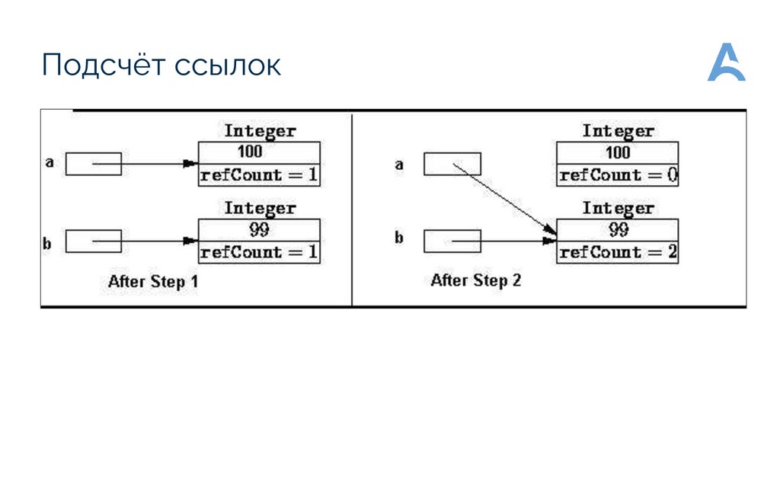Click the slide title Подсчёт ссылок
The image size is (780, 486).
point(161,66)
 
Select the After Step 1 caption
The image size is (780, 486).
point(153,281)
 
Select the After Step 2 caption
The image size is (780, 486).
point(475,280)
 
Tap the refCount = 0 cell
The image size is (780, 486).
point(618,175)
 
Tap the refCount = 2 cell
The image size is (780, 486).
point(618,252)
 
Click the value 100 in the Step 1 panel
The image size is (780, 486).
point(260,151)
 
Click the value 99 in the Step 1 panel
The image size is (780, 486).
point(260,228)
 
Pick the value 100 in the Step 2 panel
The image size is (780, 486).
point(618,151)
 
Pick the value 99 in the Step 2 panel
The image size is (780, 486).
point(618,228)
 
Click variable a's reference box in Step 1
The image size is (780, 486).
point(93,164)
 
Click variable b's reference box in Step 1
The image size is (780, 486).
point(93,241)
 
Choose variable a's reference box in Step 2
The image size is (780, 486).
point(452,164)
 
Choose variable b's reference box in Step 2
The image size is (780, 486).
point(452,241)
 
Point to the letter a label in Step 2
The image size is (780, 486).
point(398,163)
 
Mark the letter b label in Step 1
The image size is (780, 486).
point(46,244)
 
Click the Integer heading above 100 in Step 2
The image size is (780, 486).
point(618,131)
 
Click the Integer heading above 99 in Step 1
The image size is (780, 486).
point(260,208)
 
